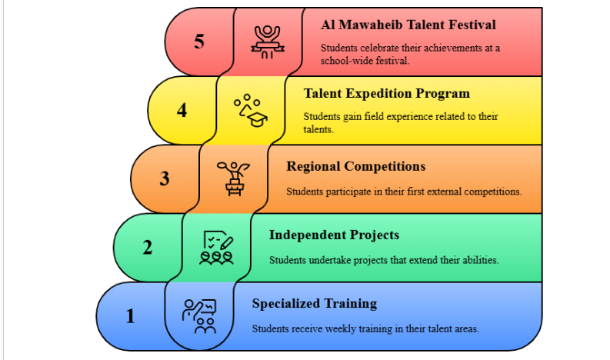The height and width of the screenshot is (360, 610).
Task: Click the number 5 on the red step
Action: point(199,42)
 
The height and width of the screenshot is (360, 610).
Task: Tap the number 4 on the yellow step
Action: point(182,110)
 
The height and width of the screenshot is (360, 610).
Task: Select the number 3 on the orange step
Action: point(165,178)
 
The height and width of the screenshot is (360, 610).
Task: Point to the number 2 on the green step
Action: point(148,247)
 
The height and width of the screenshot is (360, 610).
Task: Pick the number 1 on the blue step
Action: point(130,316)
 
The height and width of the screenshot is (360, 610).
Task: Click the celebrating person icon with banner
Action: point(268,42)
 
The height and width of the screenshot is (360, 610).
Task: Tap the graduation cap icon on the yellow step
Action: point(251,111)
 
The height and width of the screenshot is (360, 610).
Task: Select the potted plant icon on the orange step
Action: point(233,179)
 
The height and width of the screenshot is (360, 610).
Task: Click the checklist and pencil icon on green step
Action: point(216,248)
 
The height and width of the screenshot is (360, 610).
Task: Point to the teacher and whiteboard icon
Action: point(199,316)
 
